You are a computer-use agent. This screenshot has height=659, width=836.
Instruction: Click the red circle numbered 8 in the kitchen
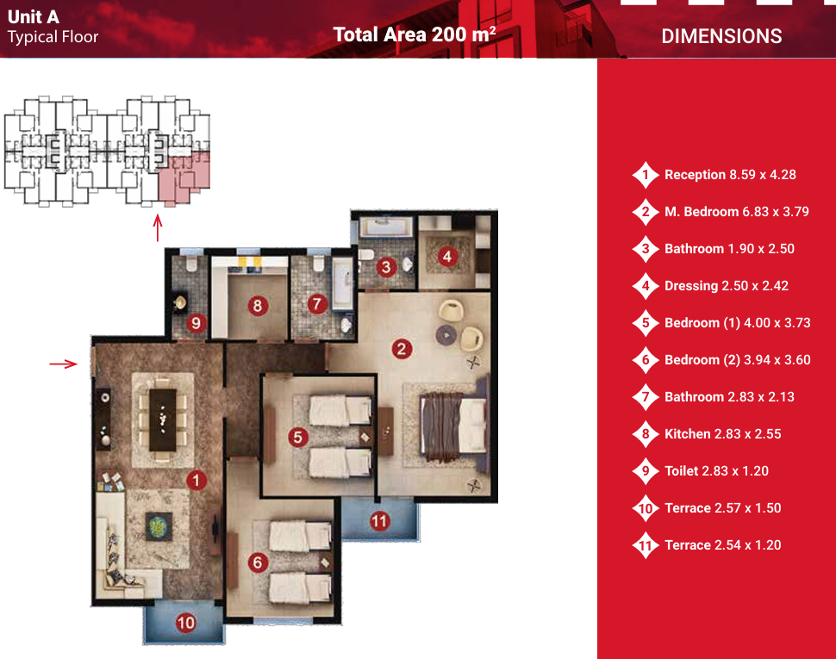(258, 306)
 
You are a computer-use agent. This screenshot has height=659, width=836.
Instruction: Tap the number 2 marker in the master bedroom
(402, 349)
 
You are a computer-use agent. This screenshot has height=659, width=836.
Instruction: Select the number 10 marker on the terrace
(185, 623)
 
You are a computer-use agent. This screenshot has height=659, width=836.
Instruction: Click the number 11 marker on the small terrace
(379, 520)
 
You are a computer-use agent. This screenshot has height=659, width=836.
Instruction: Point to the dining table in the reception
(163, 420)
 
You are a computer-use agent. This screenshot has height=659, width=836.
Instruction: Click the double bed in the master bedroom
(454, 427)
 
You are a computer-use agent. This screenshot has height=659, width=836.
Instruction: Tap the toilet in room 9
(190, 264)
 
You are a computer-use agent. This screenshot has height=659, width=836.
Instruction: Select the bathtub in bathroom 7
(343, 283)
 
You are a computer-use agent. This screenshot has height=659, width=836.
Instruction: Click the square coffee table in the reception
(159, 526)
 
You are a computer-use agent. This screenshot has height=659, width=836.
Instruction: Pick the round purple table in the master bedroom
(446, 335)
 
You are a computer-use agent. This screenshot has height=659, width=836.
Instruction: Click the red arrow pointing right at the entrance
(64, 364)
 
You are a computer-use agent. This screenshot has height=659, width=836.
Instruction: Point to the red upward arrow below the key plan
(157, 227)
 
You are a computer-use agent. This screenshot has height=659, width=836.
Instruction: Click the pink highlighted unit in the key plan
(184, 177)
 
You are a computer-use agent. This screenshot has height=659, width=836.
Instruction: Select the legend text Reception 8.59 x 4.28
(730, 175)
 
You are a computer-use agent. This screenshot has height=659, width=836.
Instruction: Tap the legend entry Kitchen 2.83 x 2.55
(722, 433)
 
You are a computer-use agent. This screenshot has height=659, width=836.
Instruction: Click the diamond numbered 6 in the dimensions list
(646, 360)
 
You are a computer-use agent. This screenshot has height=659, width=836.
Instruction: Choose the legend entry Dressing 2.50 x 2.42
(727, 285)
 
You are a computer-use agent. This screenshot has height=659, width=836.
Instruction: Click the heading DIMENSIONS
(721, 36)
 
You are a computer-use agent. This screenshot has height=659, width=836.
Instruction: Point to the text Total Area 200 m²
(415, 34)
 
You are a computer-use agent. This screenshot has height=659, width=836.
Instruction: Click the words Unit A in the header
(33, 16)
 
